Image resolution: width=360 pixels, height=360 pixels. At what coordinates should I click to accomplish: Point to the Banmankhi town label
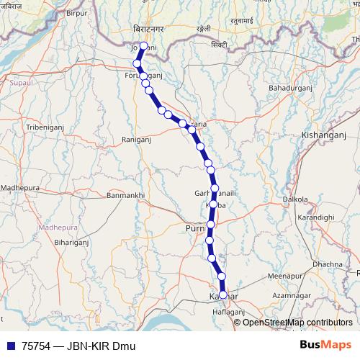125,195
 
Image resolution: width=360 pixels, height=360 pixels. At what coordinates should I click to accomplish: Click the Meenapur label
281,276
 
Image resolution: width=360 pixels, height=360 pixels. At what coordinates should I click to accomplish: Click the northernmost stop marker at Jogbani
143,46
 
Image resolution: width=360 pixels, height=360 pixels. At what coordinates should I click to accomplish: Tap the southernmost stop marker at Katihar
223,295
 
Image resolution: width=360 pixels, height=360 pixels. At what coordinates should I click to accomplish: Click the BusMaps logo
325,346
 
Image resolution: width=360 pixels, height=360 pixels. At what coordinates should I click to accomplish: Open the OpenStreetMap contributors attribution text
297,322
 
